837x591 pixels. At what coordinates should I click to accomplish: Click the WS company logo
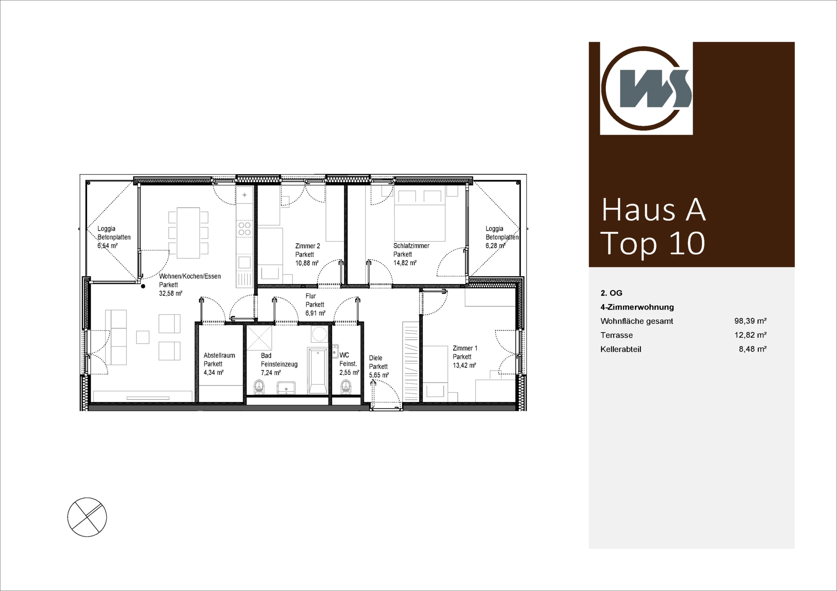coord(646,88)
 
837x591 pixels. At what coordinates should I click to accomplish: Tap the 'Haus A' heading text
coord(653,210)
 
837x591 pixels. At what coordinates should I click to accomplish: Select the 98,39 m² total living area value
coord(750,321)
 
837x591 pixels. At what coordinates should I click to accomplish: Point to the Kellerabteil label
coord(621,349)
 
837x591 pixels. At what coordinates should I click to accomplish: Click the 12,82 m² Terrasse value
coord(750,335)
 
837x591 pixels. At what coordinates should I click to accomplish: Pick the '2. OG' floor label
coord(611,293)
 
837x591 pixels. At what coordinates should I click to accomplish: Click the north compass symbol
coord(87,517)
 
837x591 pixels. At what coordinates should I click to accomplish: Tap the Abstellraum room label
coord(219,355)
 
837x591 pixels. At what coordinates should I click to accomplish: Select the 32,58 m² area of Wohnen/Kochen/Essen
coord(170,294)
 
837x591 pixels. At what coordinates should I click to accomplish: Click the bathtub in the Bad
coord(318,371)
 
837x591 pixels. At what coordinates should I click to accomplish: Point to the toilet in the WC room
coord(346,387)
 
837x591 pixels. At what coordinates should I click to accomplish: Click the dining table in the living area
coord(188,233)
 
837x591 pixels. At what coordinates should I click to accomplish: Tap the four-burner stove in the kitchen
coord(245,229)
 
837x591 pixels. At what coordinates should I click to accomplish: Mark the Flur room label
coord(311,296)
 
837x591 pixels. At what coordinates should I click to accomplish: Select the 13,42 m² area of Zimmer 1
coord(464,365)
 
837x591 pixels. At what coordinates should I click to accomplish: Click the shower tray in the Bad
coord(259,338)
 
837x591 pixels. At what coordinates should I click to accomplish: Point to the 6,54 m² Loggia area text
coord(107,246)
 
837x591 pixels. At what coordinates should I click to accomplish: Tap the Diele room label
coord(375,358)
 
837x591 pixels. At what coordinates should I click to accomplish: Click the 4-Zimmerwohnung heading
coord(637,307)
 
